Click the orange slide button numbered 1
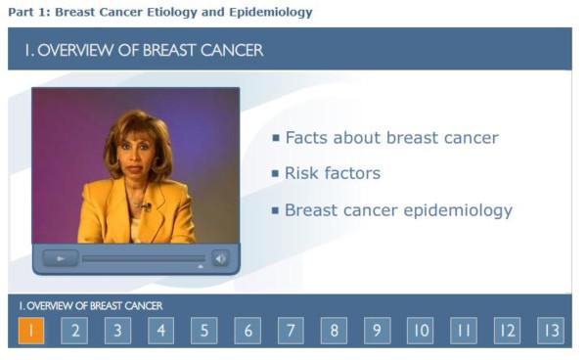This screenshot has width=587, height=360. pos(31,331)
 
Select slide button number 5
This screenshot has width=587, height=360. pos(203,331)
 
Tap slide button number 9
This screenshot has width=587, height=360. pos(377,331)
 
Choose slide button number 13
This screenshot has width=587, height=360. pos(551,331)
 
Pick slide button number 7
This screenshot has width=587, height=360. pos(291,331)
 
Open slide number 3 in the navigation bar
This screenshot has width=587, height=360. pos(117,331)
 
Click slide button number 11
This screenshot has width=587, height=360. pos(464,331)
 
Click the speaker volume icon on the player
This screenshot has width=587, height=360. pos(221,258)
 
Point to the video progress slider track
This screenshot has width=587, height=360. pos(143,258)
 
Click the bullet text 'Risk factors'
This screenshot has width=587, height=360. pos(332,174)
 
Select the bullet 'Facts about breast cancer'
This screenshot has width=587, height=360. pos(391,138)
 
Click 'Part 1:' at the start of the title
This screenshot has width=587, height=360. pos(28,13)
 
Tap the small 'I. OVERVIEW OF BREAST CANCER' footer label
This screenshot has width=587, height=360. pos(91,306)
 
